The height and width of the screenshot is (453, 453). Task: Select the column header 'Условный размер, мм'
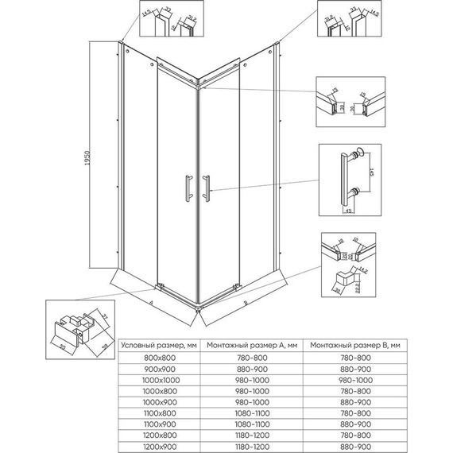click(157, 346)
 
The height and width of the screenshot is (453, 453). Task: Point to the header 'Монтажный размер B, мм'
click(353, 346)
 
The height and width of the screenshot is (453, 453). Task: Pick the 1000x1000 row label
click(157, 379)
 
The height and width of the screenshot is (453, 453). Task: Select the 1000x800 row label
click(157, 390)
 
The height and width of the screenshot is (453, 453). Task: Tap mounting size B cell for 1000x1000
click(353, 379)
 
